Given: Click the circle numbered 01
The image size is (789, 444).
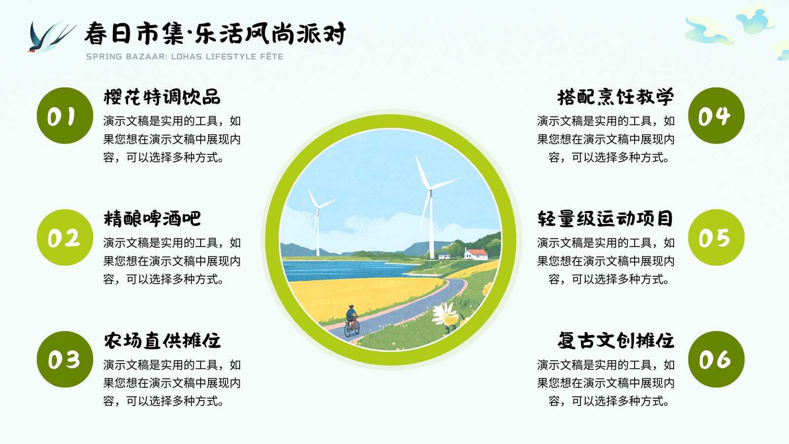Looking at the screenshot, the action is [x=65, y=115].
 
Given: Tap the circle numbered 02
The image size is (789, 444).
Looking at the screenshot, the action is [x=65, y=237].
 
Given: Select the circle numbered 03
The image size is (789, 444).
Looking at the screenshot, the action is [x=65, y=360].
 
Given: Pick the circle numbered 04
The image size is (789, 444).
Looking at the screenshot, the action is [x=717, y=115].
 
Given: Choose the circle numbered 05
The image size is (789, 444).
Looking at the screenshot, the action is [x=717, y=237].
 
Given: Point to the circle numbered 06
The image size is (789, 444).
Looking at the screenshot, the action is [x=717, y=360].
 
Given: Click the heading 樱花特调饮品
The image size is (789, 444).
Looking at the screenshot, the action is [x=162, y=97].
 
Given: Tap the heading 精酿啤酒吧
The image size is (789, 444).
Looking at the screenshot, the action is [x=152, y=219].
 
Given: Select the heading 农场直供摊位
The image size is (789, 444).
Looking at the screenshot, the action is [x=162, y=341].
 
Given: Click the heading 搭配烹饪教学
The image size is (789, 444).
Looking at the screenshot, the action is [x=616, y=97].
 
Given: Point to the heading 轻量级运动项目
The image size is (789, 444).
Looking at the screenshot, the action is [x=606, y=219].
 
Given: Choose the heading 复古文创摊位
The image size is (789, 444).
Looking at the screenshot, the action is [x=616, y=341].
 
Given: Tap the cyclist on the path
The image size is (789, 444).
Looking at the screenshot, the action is [x=352, y=321].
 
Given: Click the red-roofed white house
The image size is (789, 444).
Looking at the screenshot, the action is [x=476, y=254].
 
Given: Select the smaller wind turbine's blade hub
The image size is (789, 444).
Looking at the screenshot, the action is [x=318, y=208].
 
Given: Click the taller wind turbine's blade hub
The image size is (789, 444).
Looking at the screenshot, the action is [x=430, y=190].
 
